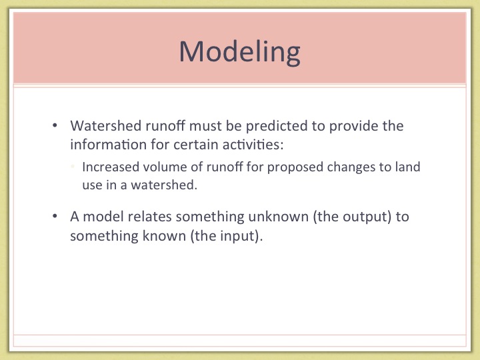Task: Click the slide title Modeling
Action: pos(240,52)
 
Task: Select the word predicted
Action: pos(277,127)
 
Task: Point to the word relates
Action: pos(150,217)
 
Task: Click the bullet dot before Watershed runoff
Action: pos(55,125)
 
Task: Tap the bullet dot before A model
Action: pos(55,216)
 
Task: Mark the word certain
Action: pos(196,145)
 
